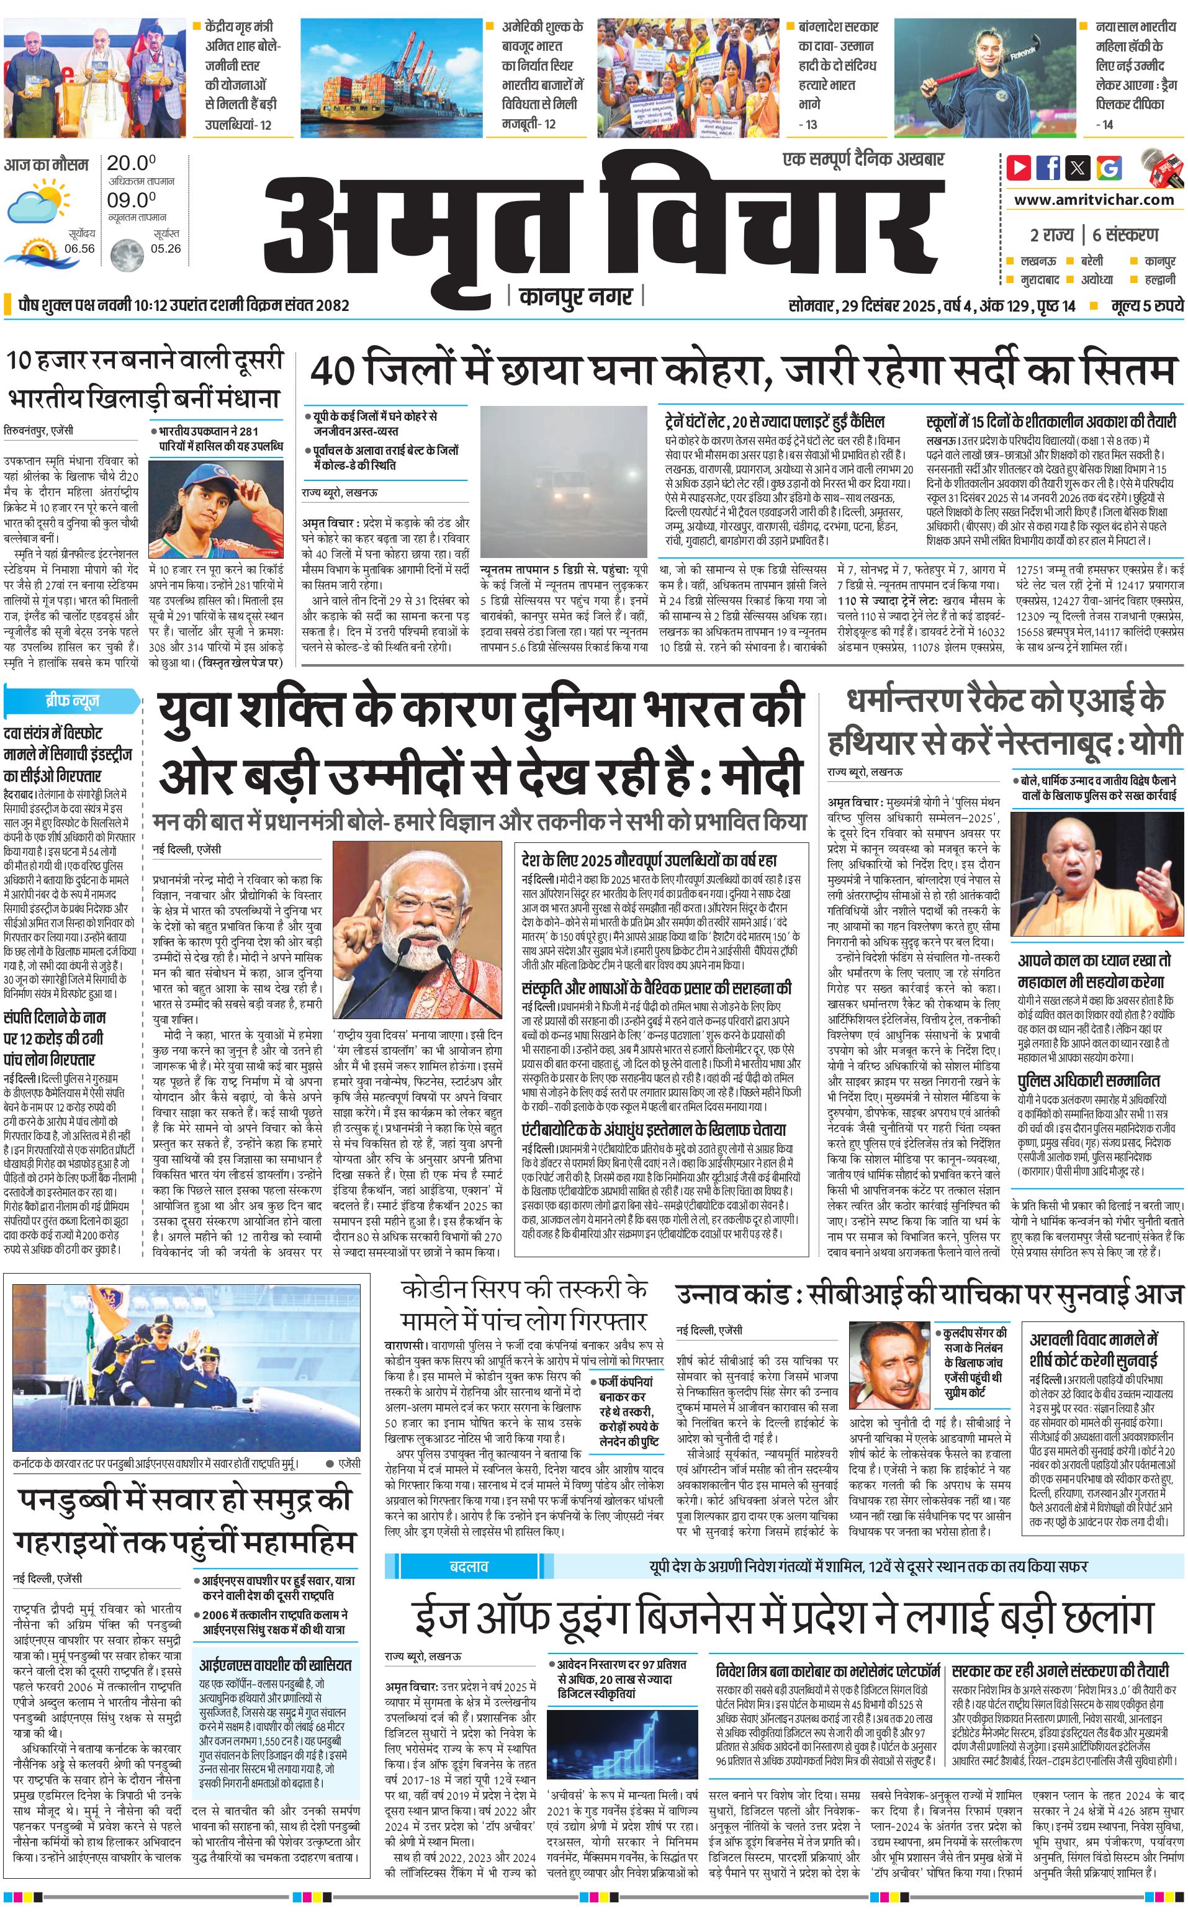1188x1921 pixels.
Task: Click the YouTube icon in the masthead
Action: (x=1019, y=168)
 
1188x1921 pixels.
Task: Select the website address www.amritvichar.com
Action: (x=1094, y=200)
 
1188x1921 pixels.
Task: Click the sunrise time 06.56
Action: (x=79, y=248)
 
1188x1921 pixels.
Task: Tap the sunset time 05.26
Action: (x=166, y=248)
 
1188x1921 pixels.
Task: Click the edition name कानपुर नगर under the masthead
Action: (x=576, y=297)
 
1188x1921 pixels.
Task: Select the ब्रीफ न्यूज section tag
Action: (x=71, y=700)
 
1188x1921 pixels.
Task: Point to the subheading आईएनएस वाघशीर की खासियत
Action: (x=275, y=1665)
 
